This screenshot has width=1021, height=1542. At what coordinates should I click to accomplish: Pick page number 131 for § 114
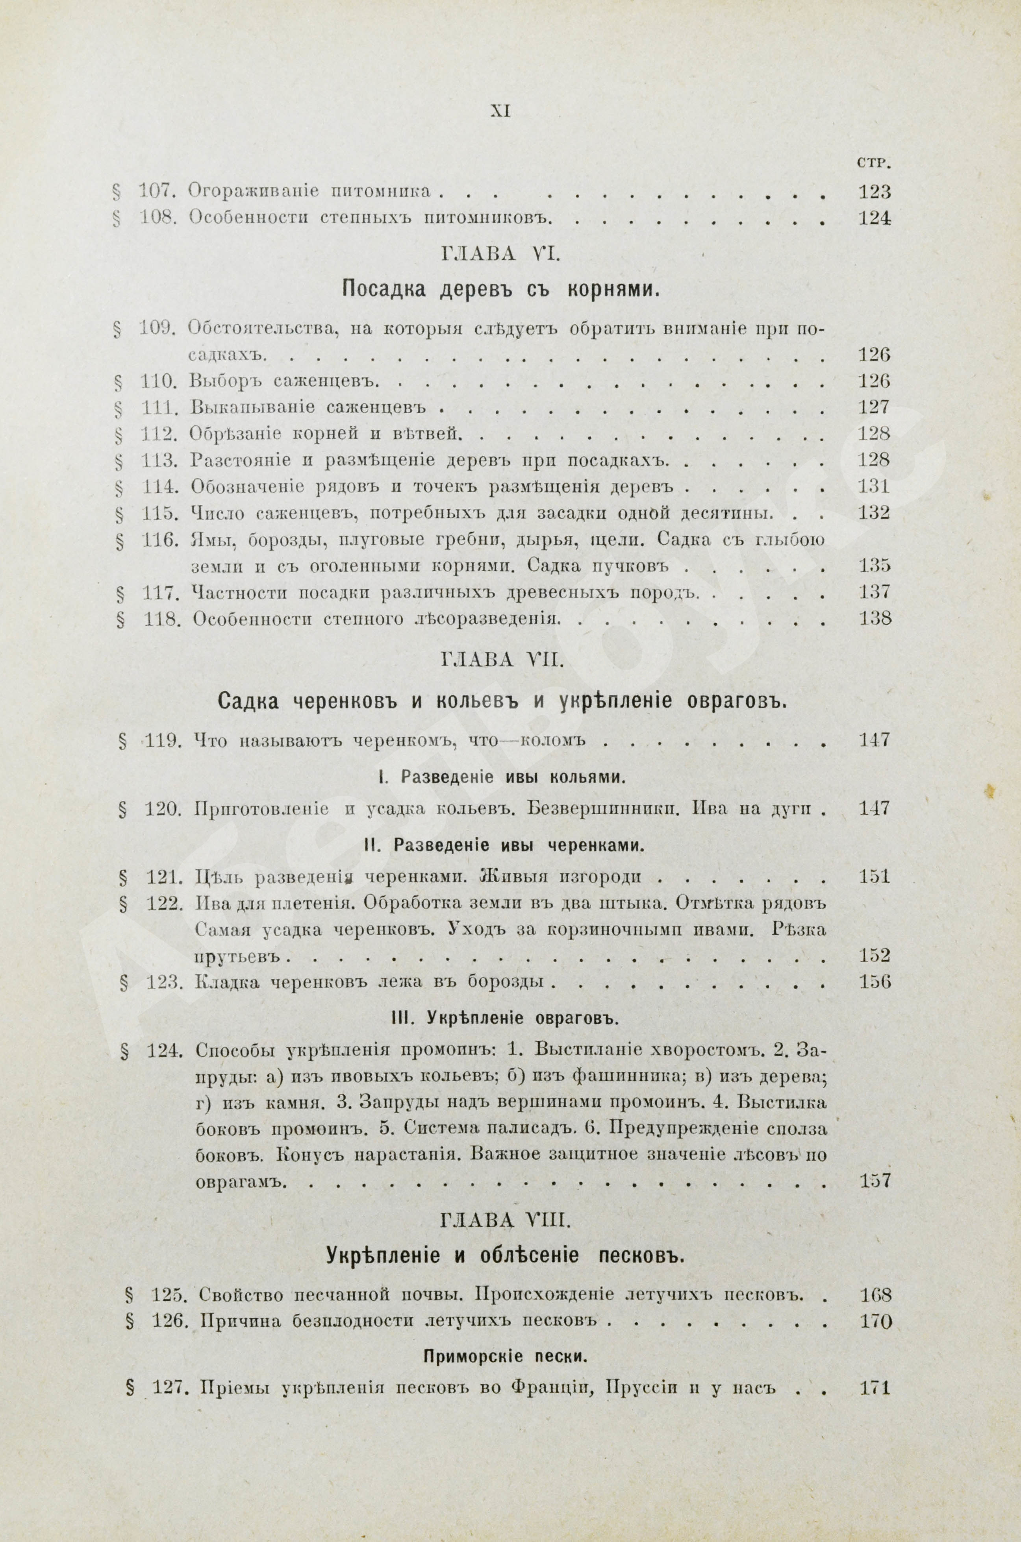coord(874,486)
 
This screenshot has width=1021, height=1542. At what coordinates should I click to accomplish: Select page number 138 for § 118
coord(874,618)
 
